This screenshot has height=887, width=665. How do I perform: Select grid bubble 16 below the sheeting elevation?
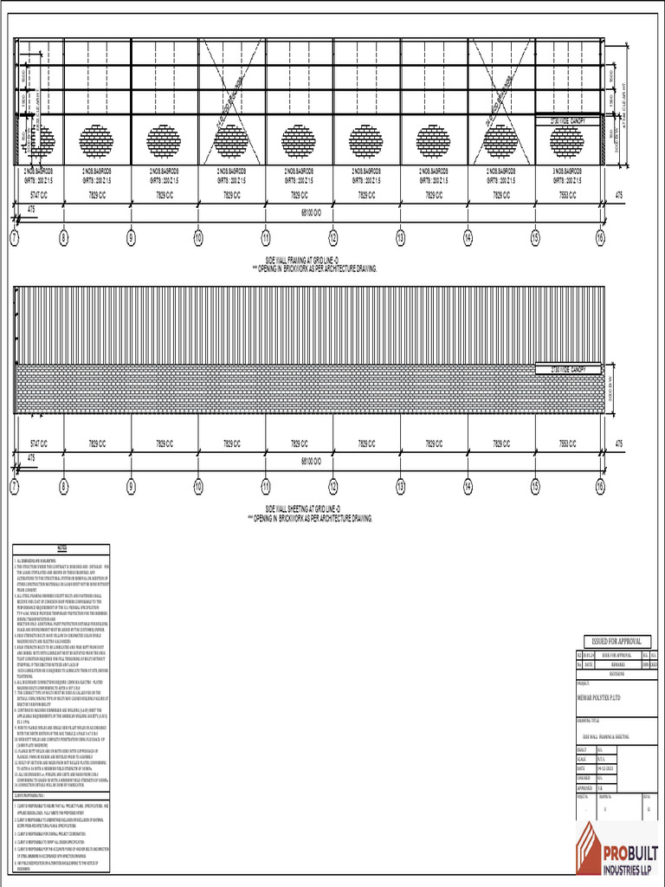pyautogui.click(x=600, y=487)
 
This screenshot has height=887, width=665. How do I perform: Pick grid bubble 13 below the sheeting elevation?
pyautogui.click(x=400, y=487)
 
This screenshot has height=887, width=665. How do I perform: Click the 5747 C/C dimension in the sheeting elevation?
pyautogui.click(x=38, y=443)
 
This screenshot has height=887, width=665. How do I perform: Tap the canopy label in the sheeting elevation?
pyautogui.click(x=568, y=371)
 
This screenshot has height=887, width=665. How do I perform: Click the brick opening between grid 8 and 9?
pyautogui.click(x=96, y=141)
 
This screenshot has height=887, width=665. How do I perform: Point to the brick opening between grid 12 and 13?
pyautogui.click(x=365, y=141)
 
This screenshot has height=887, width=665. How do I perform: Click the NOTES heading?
pyautogui.click(x=61, y=548)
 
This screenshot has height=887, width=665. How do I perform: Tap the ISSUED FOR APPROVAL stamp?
pyautogui.click(x=617, y=640)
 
